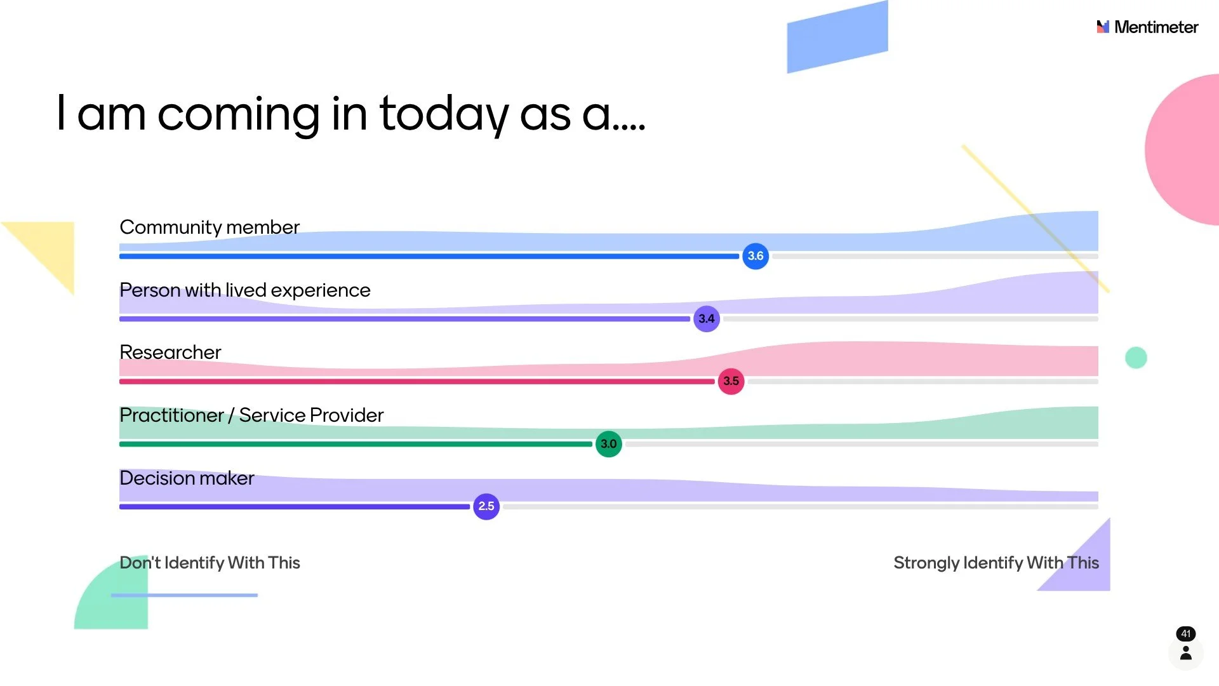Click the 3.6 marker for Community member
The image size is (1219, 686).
[x=755, y=256]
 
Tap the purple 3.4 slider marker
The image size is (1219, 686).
[x=706, y=319]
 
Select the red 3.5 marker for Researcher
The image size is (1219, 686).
[x=731, y=381]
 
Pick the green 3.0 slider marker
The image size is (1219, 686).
[x=608, y=444]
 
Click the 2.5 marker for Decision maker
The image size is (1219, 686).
[x=486, y=506]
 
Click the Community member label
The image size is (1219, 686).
[x=209, y=227]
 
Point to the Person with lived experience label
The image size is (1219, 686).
[x=244, y=290]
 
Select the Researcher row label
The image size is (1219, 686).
[x=170, y=353]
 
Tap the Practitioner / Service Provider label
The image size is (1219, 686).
[x=251, y=415]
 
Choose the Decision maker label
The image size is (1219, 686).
[x=187, y=478]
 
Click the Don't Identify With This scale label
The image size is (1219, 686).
[x=210, y=563]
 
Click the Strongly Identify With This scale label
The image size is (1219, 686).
[x=996, y=563]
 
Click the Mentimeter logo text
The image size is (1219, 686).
[x=1156, y=27]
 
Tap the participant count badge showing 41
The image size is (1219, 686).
[x=1185, y=633]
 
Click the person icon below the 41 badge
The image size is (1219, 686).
[x=1185, y=653]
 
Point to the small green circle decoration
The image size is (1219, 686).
[x=1136, y=358]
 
